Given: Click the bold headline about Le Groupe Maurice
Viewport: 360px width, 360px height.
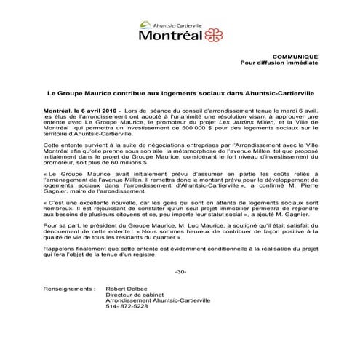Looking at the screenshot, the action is (180, 94).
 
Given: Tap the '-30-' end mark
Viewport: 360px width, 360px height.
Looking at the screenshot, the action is (180, 271).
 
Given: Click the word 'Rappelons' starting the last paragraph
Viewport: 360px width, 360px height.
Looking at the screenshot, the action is (59, 249).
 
